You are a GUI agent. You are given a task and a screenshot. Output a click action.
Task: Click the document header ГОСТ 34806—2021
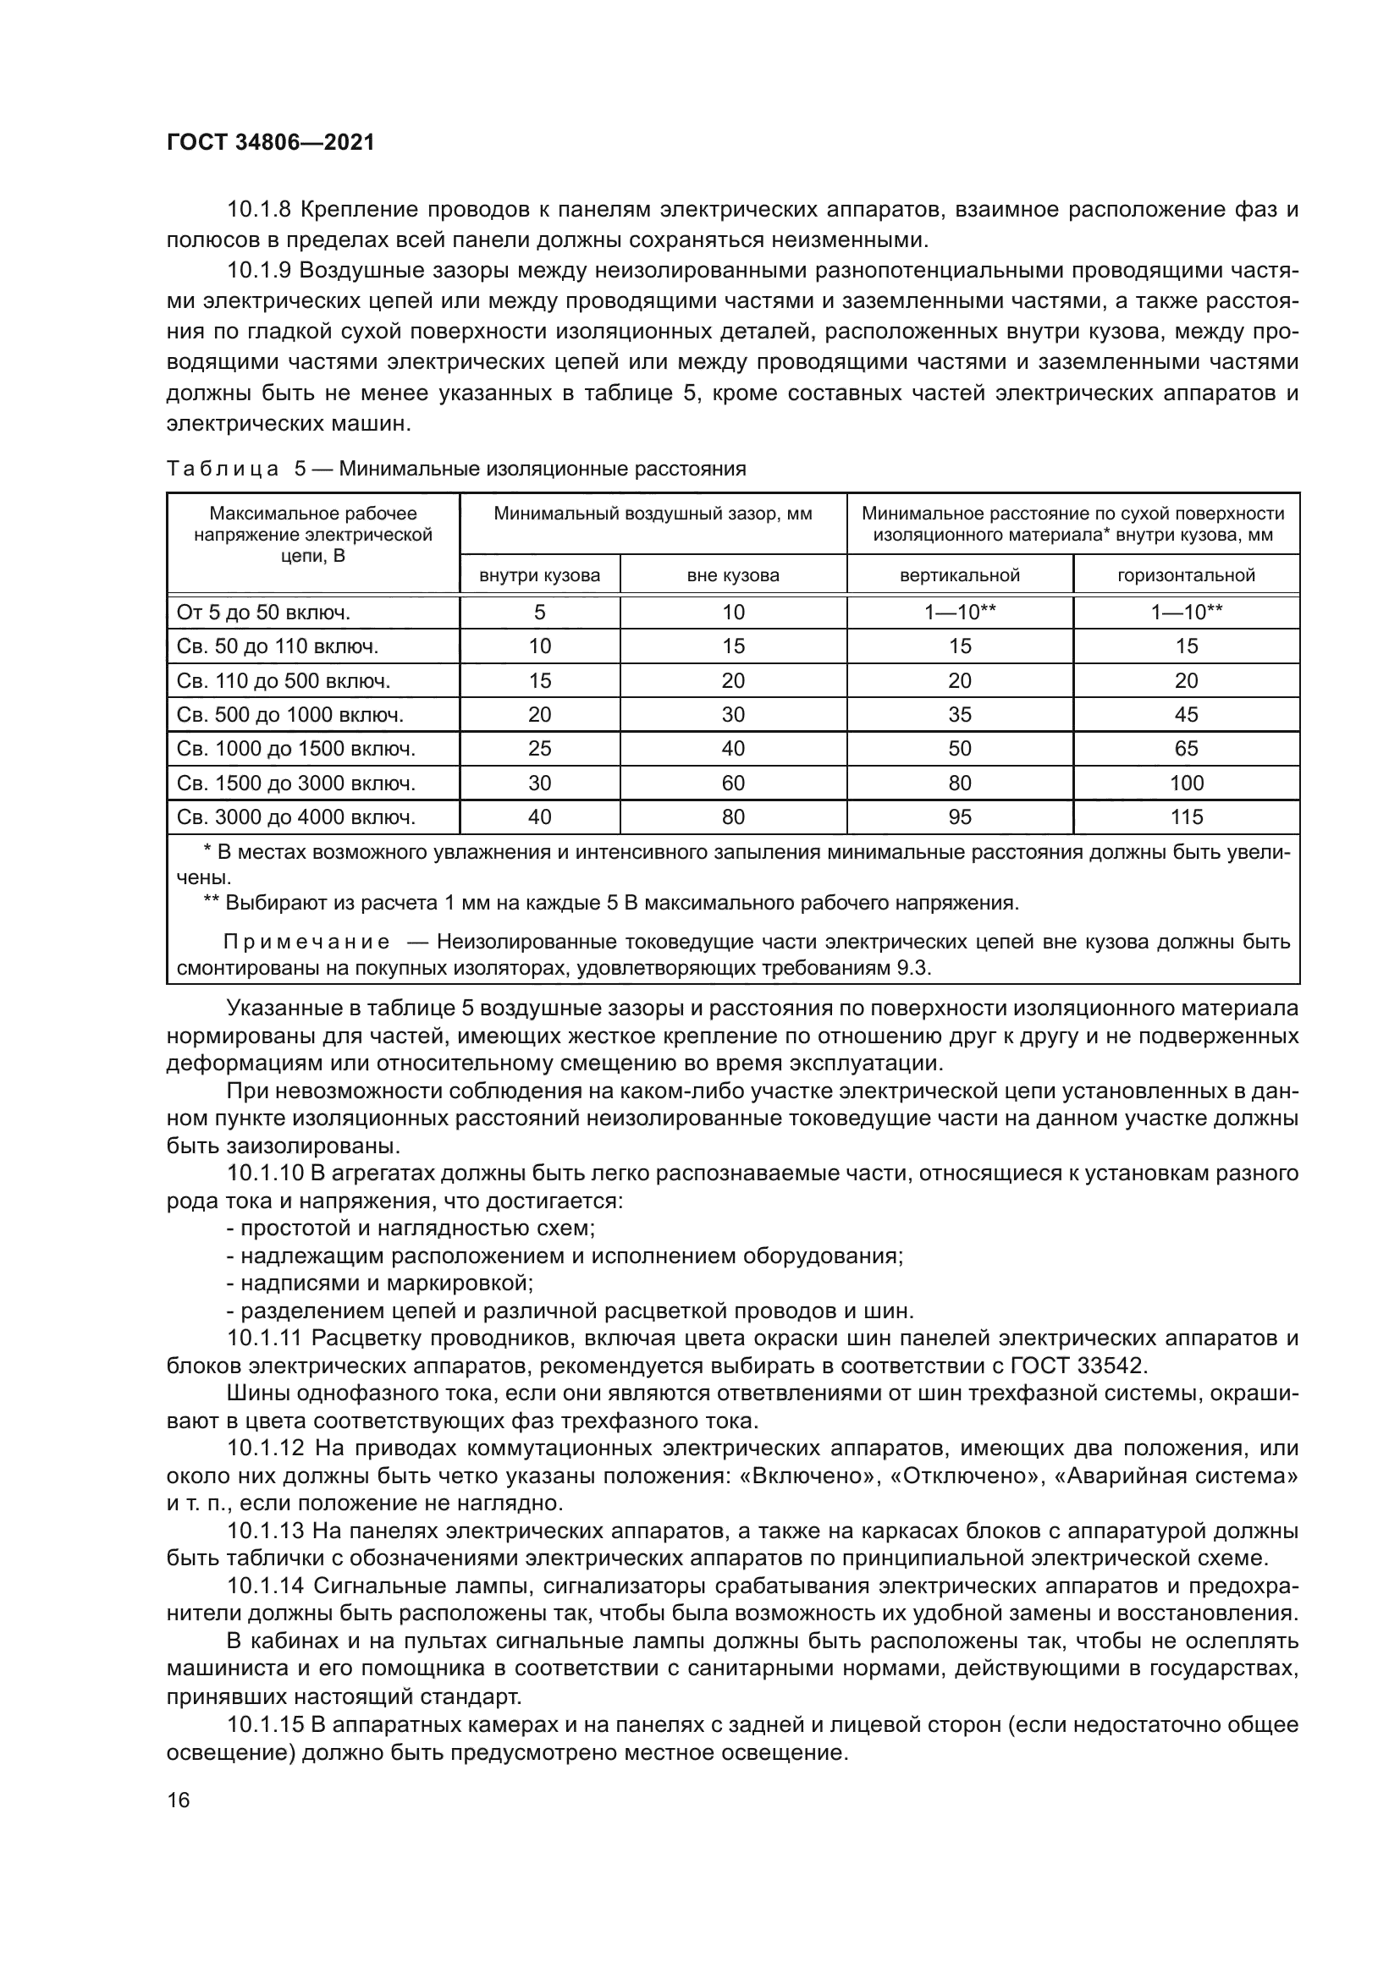[271, 143]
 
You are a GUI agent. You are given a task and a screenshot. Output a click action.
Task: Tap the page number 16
[179, 1800]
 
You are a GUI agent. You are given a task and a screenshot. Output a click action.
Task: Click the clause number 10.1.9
[259, 271]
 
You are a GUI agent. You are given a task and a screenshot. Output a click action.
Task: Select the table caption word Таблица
[223, 469]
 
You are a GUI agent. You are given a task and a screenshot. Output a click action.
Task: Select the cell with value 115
[1186, 817]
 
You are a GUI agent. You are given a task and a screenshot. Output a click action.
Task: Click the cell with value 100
[1186, 783]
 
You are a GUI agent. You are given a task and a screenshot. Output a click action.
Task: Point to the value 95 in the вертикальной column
[960, 817]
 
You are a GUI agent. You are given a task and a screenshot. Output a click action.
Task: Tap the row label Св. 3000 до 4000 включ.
[295, 817]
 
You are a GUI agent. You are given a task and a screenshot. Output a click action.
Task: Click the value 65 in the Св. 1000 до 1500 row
[1186, 749]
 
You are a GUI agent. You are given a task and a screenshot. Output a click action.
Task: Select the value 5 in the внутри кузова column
[540, 613]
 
